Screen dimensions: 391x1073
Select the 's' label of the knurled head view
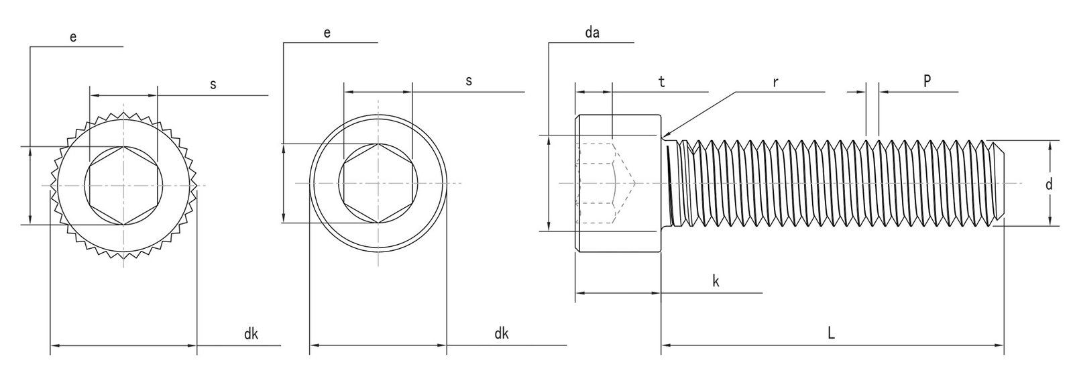pyautogui.click(x=213, y=84)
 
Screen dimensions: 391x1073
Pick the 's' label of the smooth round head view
pyautogui.click(x=469, y=80)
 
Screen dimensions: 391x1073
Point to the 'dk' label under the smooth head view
pyautogui.click(x=501, y=333)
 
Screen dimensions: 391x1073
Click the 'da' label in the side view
pyautogui.click(x=591, y=33)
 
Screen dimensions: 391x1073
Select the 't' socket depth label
pyautogui.click(x=661, y=82)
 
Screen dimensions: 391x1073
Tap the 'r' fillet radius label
pyautogui.click(x=775, y=82)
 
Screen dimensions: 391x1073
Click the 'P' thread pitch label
pyautogui.click(x=927, y=80)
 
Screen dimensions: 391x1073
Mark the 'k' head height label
pyautogui.click(x=716, y=281)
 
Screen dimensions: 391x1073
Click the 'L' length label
pyautogui.click(x=830, y=333)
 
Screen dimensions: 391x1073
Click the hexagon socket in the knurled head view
pyautogui.click(x=123, y=185)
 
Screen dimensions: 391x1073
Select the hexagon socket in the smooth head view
pyautogui.click(x=378, y=183)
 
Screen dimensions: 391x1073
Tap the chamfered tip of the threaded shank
pyautogui.click(x=997, y=183)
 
